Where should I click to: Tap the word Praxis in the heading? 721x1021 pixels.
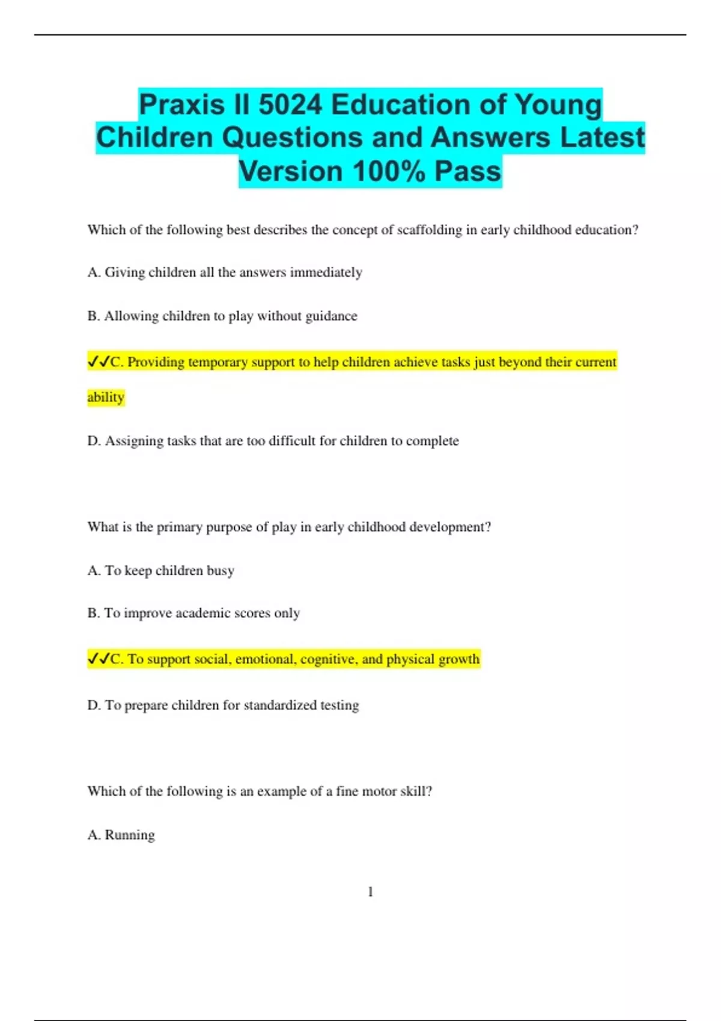[181, 105]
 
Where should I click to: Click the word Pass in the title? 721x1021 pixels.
[467, 171]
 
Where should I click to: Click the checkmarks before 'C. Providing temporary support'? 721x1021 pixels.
[99, 362]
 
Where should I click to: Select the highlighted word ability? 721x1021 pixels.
[106, 397]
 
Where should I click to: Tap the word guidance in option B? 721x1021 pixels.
[331, 316]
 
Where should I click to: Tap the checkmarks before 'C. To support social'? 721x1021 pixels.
[99, 659]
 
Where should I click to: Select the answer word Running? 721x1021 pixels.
[130, 835]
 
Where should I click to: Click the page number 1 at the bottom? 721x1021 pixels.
[370, 892]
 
